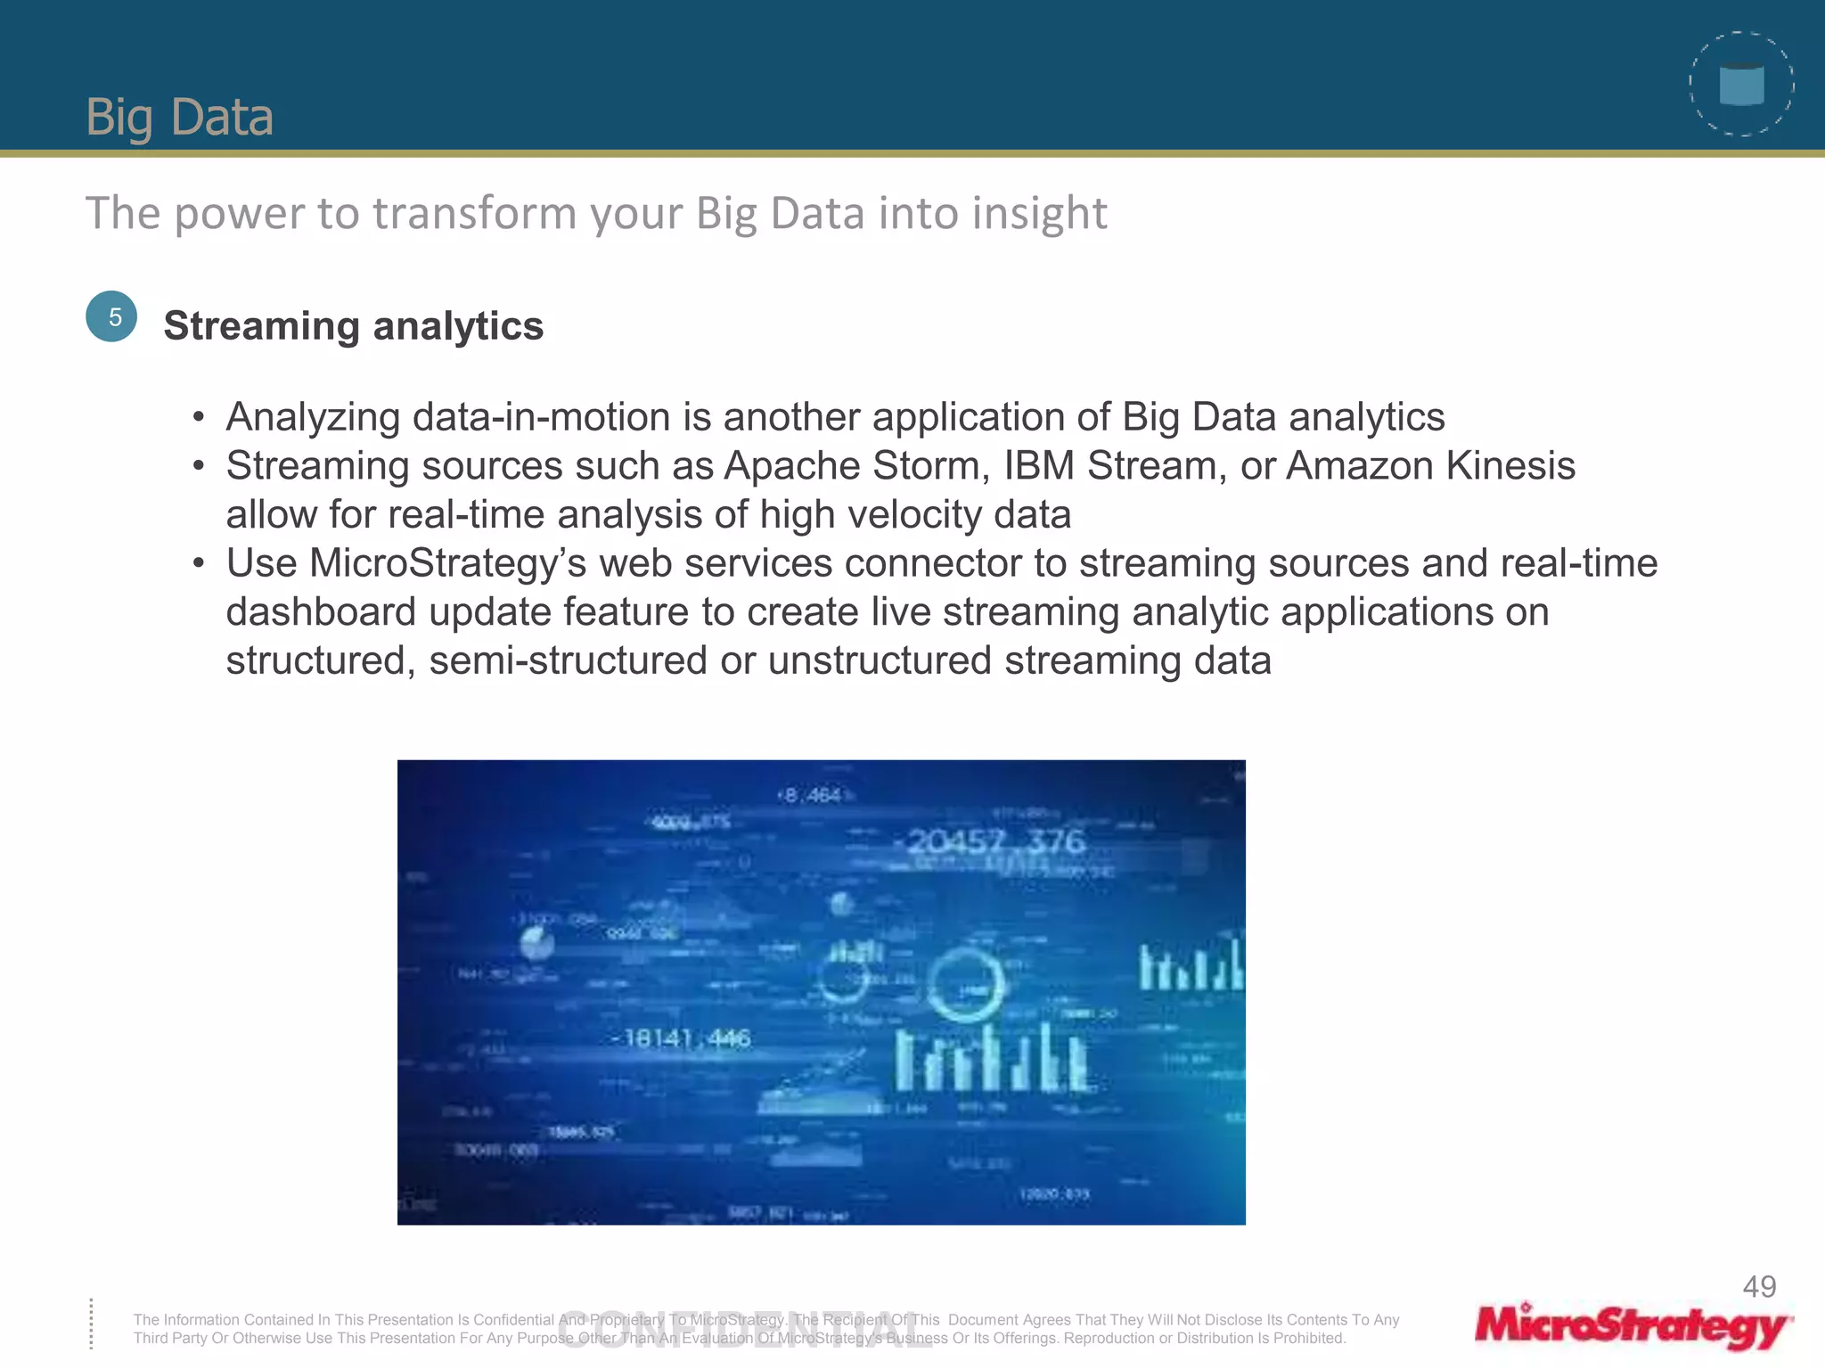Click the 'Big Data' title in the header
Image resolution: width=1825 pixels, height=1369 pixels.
(x=179, y=117)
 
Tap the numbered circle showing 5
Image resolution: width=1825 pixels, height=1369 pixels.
(x=111, y=316)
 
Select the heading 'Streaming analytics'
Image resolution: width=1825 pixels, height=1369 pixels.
(x=353, y=326)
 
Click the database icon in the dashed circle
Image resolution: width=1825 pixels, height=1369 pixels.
(x=1741, y=85)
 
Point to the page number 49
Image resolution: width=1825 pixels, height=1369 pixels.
(x=1759, y=1286)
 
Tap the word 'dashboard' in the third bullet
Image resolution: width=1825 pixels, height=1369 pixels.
(x=320, y=612)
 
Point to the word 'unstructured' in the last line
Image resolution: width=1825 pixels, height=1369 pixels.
(x=880, y=661)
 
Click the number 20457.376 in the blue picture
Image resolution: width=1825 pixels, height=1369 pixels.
(x=995, y=840)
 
